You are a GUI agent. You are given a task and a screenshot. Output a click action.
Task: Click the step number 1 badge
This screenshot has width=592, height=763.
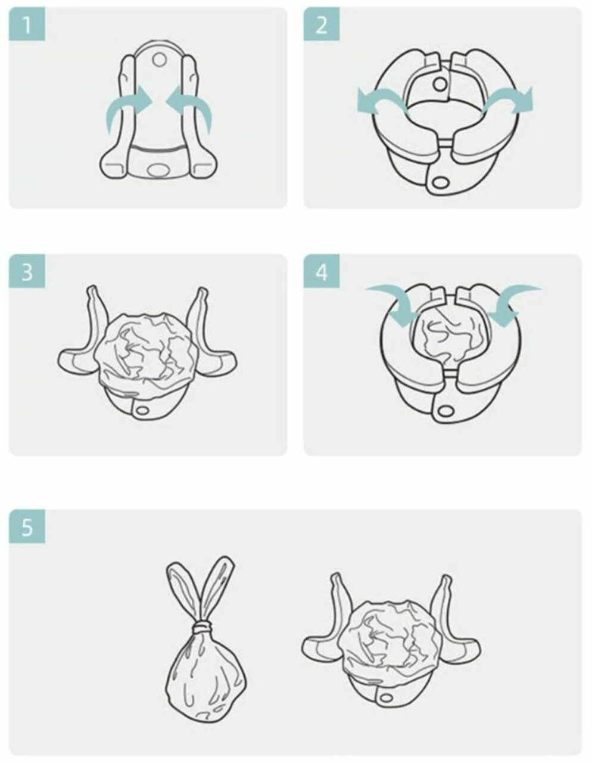27,24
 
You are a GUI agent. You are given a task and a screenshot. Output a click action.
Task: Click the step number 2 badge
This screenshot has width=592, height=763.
321,24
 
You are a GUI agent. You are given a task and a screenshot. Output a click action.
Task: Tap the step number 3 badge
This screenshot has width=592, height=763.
27,271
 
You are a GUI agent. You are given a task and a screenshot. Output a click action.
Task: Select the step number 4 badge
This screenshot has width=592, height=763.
321,271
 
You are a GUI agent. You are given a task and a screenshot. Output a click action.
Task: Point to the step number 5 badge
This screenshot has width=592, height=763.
27,526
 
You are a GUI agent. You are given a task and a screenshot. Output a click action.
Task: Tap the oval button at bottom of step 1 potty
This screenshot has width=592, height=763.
158,170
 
